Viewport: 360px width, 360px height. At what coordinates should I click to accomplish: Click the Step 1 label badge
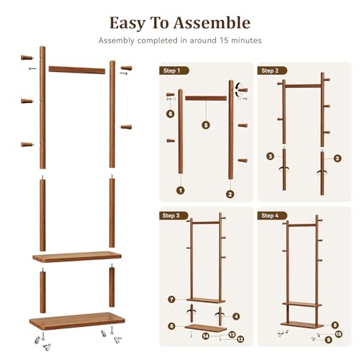coord(174,71)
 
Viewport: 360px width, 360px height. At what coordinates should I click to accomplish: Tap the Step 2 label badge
coord(272,71)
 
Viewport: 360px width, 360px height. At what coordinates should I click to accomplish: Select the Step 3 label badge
coord(174,215)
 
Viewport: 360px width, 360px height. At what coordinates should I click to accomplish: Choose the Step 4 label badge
coord(272,215)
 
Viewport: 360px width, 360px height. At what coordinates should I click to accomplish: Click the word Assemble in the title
coord(212,23)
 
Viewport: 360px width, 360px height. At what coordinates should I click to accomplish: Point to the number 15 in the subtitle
coord(224,40)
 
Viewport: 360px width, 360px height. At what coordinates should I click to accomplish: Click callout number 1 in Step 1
coord(181,191)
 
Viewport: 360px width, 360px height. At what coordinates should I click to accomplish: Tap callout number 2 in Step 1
coord(230,194)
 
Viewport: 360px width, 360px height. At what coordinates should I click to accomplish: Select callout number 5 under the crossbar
coord(206,125)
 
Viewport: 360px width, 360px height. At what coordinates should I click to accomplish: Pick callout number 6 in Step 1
coord(171,114)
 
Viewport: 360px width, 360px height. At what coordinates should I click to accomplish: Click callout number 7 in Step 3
coord(171,300)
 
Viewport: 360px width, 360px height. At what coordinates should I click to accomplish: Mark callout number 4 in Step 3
coord(236,316)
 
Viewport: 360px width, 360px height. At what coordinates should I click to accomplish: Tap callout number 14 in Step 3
coord(205,336)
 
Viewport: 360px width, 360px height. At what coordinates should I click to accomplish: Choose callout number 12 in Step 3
coord(240,339)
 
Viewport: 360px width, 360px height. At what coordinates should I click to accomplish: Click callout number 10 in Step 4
coord(338,334)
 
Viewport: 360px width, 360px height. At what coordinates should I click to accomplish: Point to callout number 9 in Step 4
coord(328,340)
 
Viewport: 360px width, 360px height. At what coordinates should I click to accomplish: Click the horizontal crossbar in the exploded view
coord(77,70)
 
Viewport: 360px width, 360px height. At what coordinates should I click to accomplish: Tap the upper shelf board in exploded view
coord(77,257)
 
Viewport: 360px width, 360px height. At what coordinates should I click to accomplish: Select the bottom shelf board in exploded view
coord(77,321)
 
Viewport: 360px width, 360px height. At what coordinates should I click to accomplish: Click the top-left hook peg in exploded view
coord(27,58)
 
